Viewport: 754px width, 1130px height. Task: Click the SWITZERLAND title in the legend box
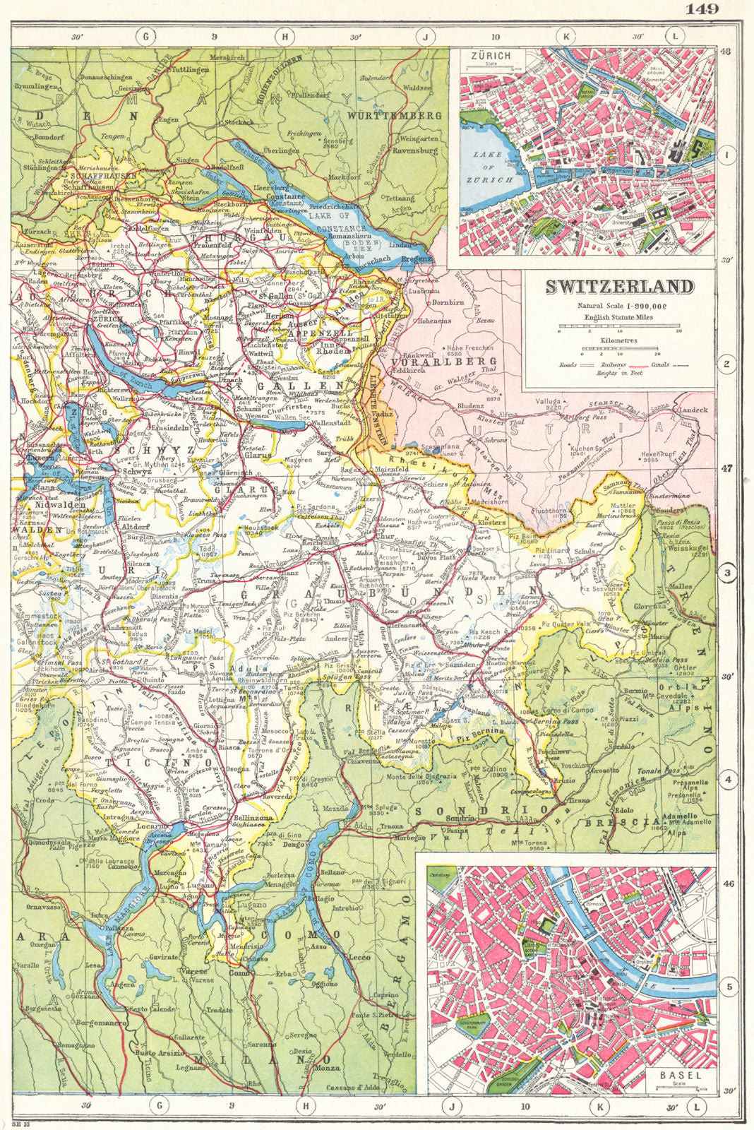618,287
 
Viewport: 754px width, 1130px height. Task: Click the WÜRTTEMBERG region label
395,115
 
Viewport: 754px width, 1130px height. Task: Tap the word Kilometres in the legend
618,340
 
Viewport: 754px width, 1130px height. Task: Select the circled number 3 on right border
726,573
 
